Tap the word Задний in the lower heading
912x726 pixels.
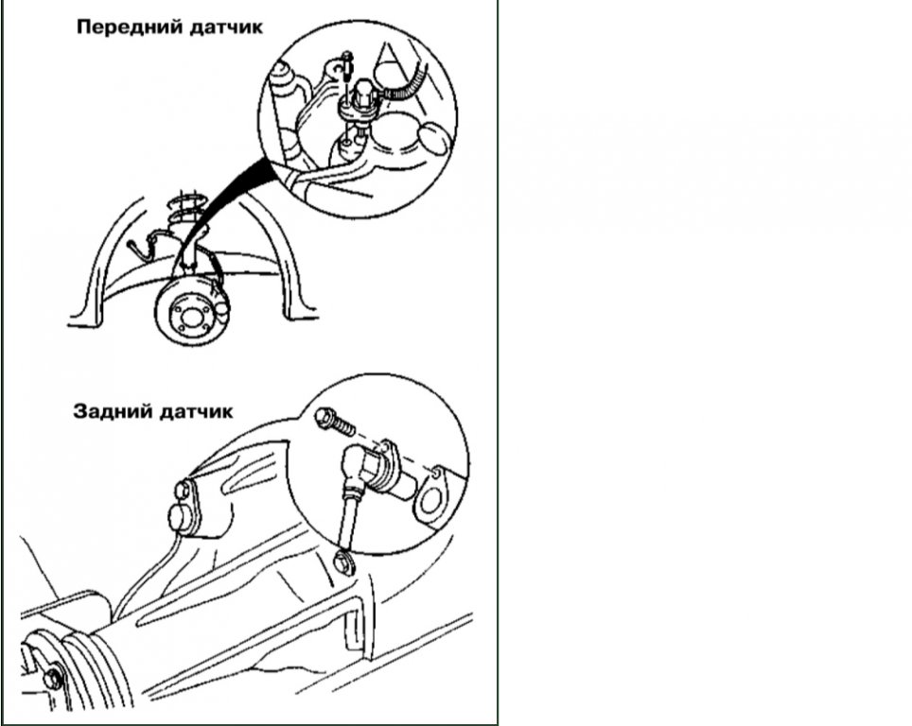pos(113,411)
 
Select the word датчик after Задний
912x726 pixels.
pos(196,412)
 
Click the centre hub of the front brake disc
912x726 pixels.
pos(189,317)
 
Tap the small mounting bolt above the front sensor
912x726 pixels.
pos(347,65)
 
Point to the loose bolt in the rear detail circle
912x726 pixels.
pos(335,422)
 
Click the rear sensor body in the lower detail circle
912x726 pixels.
pos(378,471)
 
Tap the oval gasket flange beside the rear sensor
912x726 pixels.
pos(431,497)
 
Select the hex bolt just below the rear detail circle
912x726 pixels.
pos(343,563)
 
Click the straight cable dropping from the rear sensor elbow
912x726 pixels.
pos(349,518)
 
